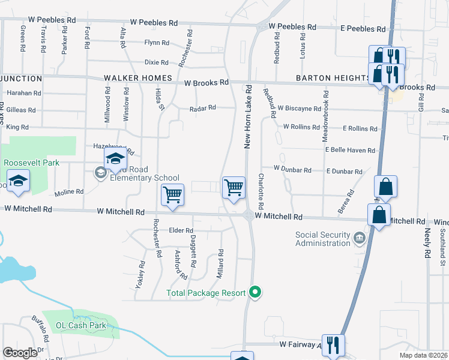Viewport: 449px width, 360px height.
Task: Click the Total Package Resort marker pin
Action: [256, 293]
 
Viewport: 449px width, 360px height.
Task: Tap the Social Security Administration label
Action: [323, 239]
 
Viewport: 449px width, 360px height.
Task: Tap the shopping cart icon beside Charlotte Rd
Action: [234, 188]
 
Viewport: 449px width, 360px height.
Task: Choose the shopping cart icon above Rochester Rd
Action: [172, 195]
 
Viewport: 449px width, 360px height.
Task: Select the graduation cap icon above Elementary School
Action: [115, 160]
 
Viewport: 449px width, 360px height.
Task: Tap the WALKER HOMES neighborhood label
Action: [138, 79]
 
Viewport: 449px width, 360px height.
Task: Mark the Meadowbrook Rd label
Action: [326, 112]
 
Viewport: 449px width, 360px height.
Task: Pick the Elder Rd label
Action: [181, 230]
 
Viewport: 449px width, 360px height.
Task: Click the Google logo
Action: [20, 353]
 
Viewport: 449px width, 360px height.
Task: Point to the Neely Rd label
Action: [427, 243]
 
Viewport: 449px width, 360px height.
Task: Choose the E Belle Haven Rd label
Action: [350, 151]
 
